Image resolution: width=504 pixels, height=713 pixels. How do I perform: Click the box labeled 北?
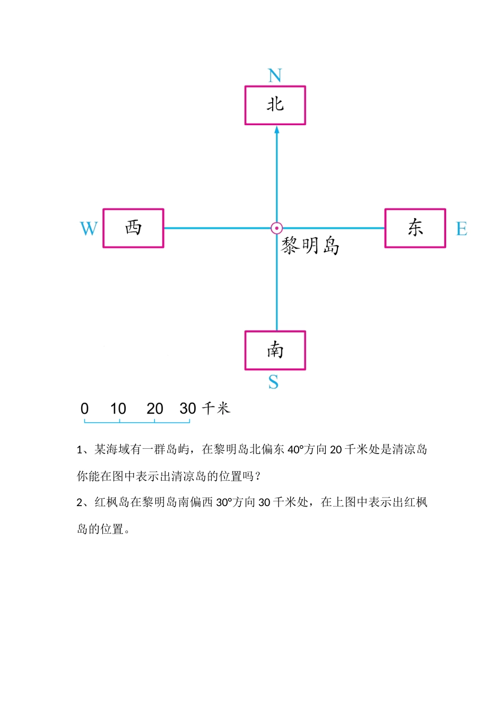(x=275, y=106)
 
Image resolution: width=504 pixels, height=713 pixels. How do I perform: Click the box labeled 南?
(x=275, y=350)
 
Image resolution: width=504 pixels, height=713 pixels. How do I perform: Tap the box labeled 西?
(x=133, y=228)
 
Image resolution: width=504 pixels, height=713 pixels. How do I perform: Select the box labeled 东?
(x=415, y=228)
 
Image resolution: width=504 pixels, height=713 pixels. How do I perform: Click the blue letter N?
(x=275, y=76)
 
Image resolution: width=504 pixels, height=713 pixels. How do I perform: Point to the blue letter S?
(x=273, y=382)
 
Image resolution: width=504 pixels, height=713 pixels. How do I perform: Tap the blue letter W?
(x=89, y=229)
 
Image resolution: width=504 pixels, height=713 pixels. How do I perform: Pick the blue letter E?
(x=462, y=229)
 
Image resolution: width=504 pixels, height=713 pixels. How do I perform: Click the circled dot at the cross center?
(x=276, y=228)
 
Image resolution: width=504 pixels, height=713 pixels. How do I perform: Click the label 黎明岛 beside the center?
(x=310, y=246)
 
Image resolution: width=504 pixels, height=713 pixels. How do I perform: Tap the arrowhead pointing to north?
(x=276, y=129)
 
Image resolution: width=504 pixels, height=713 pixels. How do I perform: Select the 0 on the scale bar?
(x=84, y=408)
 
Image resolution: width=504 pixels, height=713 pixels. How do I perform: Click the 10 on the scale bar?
(x=118, y=408)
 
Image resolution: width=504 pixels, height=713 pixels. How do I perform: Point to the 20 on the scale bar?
(x=154, y=408)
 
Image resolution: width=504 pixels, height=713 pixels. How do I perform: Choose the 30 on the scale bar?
(x=188, y=408)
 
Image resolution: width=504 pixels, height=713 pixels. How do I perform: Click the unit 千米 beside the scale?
(x=216, y=408)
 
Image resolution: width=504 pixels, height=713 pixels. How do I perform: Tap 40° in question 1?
(x=296, y=450)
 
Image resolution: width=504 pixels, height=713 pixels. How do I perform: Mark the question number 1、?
(x=84, y=450)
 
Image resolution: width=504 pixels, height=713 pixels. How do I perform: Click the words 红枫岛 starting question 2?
(x=112, y=502)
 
